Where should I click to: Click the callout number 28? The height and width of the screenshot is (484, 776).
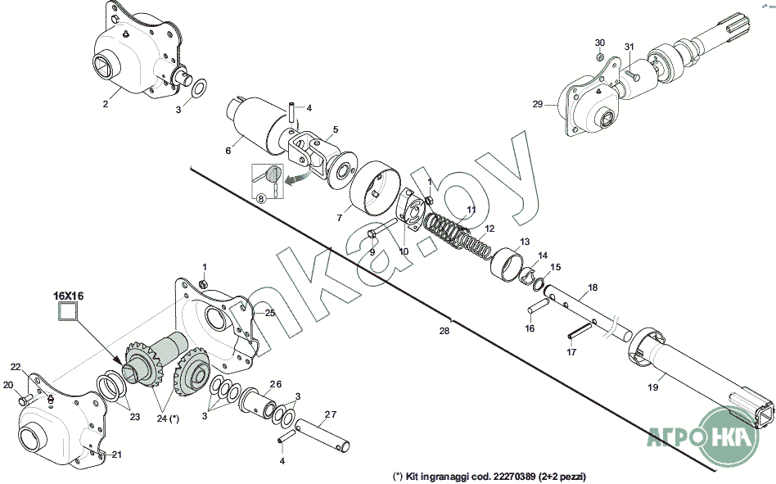point(444,331)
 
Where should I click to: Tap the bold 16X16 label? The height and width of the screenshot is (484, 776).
point(68,296)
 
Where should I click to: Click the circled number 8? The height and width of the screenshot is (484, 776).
point(261,198)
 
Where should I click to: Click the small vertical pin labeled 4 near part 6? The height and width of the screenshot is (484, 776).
point(292,115)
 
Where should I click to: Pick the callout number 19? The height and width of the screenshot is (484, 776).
point(653,387)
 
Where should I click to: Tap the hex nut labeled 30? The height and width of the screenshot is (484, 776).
point(600,57)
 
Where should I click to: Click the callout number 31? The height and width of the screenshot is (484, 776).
point(629,47)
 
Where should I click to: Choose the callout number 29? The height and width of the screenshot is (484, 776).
point(538,105)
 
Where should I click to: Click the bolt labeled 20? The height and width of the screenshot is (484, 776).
point(25,398)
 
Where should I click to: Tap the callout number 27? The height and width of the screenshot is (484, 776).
point(330,414)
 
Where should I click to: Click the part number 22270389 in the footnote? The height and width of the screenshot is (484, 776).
point(512,477)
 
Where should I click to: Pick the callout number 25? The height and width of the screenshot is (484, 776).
point(270,313)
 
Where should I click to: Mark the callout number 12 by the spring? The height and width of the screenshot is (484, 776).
point(490,228)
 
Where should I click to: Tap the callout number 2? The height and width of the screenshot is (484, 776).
point(106,104)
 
